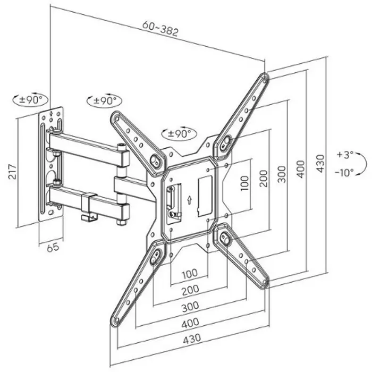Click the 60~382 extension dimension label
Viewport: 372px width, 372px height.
[x=160, y=29]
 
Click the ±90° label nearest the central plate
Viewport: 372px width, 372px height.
[x=179, y=134]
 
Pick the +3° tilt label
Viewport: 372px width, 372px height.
[x=344, y=155]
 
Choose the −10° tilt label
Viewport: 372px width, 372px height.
[x=344, y=172]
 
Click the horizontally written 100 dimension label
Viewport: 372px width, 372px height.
[x=190, y=274]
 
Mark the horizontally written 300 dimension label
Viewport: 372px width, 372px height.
[x=190, y=306]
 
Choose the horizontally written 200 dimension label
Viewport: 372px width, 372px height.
[x=190, y=290]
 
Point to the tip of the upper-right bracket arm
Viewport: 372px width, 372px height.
[x=264, y=78]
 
